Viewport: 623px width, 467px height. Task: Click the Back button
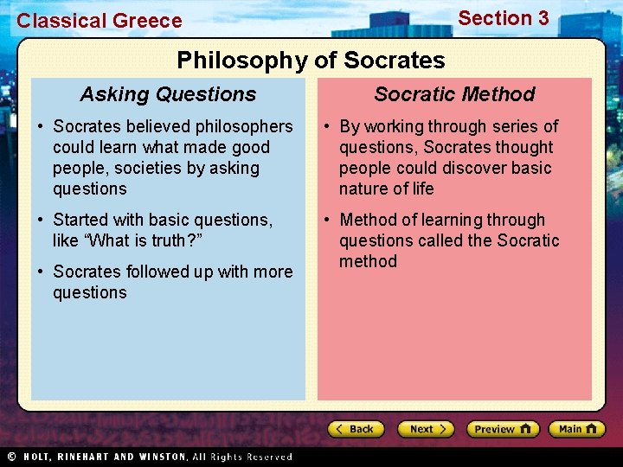pos(355,429)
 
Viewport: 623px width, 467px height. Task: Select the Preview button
pos(502,429)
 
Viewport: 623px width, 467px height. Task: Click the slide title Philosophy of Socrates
pos(311,61)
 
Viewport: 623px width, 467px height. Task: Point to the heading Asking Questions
pos(168,94)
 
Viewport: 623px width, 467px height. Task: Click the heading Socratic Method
pos(454,94)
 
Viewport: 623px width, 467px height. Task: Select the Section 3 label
pos(503,18)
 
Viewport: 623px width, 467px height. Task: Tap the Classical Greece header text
pos(100,21)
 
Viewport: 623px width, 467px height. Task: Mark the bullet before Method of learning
pos(326,221)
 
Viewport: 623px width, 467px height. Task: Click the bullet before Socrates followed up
pos(40,272)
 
